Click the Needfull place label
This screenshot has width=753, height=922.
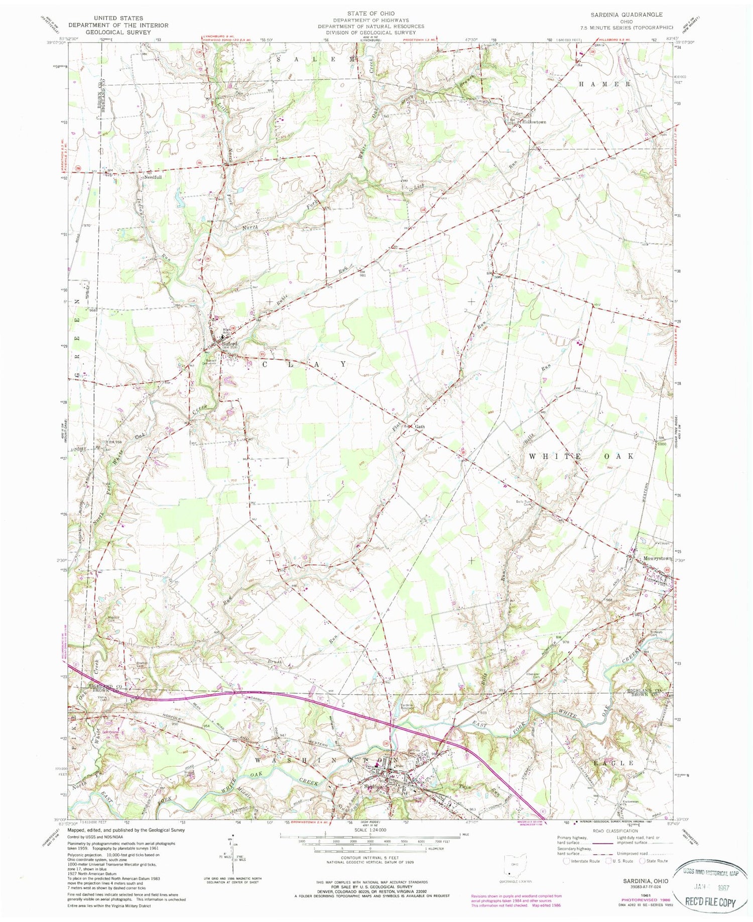(152, 177)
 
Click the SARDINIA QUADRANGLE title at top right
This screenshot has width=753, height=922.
(634, 15)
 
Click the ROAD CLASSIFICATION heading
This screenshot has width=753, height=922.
(615, 831)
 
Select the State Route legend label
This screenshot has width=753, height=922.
(657, 861)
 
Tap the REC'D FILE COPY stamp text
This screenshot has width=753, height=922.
(710, 902)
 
